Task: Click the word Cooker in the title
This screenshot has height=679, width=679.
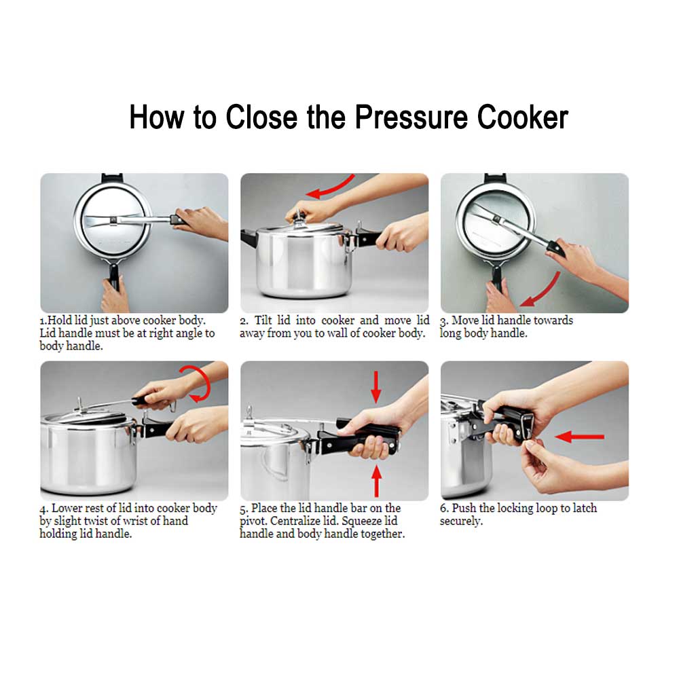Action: pos(522,117)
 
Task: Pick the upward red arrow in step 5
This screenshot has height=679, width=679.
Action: pos(377,481)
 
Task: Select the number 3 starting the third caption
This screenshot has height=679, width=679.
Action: pos(443,320)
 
